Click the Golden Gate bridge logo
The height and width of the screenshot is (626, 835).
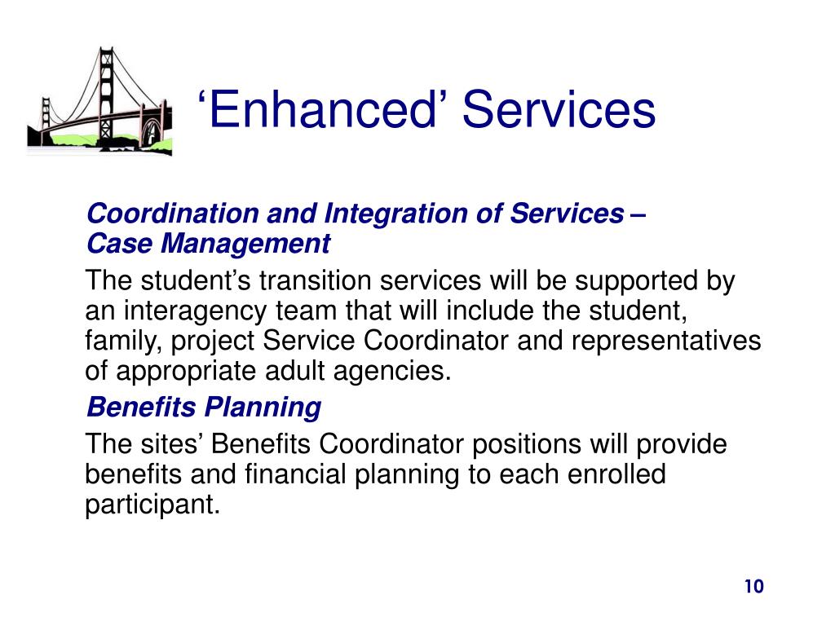99,102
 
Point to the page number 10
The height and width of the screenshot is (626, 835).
753,587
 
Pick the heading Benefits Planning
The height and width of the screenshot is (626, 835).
204,406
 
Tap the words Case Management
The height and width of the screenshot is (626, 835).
209,244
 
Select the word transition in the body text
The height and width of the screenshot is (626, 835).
314,281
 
